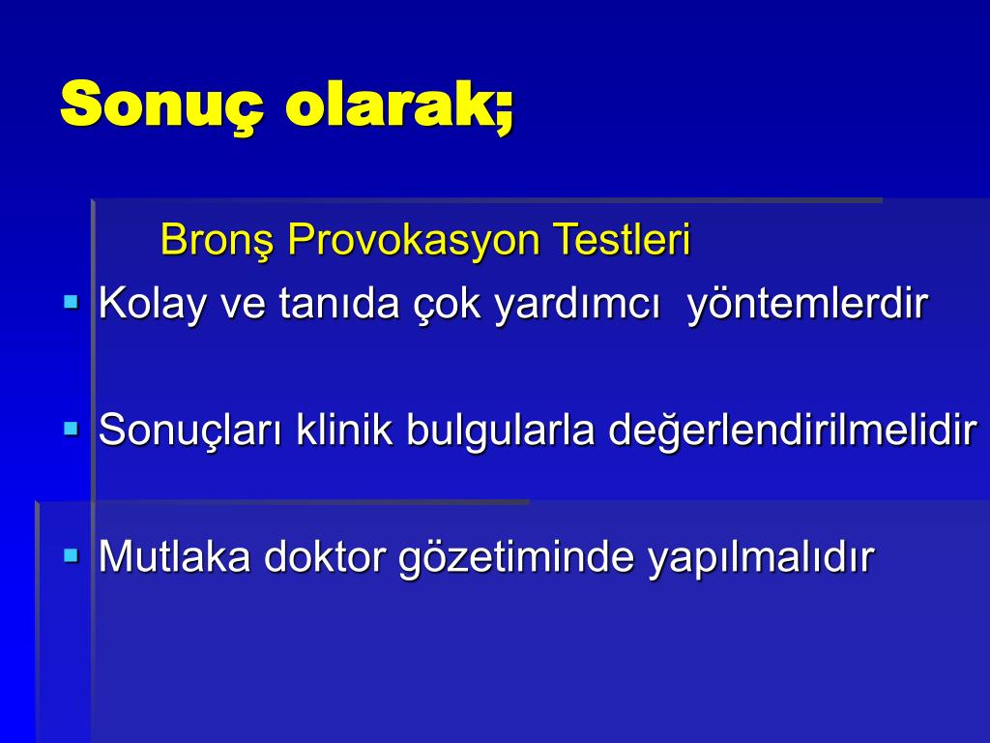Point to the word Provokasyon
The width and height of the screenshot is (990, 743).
pyautogui.click(x=414, y=240)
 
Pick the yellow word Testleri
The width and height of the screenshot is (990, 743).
pyautogui.click(x=622, y=239)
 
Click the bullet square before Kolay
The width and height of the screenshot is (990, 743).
pyautogui.click(x=72, y=302)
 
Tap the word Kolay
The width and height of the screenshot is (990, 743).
pyautogui.click(x=152, y=303)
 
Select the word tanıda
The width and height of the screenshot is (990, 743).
pyautogui.click(x=338, y=303)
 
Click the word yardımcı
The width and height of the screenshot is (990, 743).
pyautogui.click(x=577, y=303)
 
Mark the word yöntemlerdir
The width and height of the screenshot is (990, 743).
pyautogui.click(x=807, y=303)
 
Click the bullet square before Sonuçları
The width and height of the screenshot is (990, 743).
pyautogui.click(x=72, y=429)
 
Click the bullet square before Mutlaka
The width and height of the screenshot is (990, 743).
pyautogui.click(x=72, y=555)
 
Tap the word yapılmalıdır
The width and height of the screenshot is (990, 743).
pyautogui.click(x=761, y=557)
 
